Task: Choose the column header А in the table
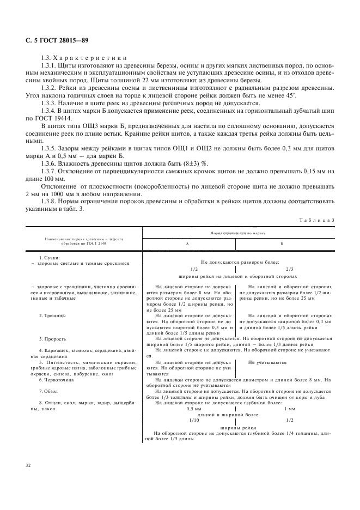[187, 244]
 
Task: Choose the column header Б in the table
[281, 244]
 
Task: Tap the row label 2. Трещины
[53, 315]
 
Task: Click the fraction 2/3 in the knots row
[289, 269]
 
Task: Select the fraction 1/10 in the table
[194, 420]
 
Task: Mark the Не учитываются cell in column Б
[267, 362]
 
